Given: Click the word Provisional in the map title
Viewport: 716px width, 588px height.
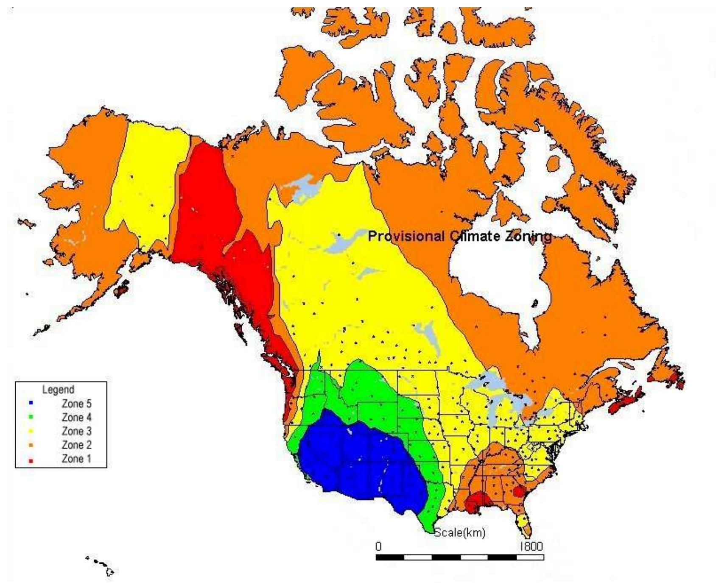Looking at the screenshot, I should pyautogui.click(x=406, y=237).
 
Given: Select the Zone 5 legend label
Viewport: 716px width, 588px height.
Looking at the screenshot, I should pyautogui.click(x=76, y=404).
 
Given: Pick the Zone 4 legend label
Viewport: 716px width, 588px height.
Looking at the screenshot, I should pyautogui.click(x=76, y=417).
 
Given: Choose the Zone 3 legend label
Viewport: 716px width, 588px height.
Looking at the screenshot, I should pyautogui.click(x=76, y=431).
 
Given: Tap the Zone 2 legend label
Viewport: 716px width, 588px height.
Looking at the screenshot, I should pyautogui.click(x=76, y=445).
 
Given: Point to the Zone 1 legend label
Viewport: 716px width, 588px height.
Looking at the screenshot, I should pyautogui.click(x=76, y=459).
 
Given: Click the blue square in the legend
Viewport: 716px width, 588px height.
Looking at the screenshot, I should pyautogui.click(x=31, y=403).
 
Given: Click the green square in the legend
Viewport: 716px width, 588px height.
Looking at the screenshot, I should pyautogui.click(x=31, y=417).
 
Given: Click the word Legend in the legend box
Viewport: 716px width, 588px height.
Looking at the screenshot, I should pyautogui.click(x=58, y=389).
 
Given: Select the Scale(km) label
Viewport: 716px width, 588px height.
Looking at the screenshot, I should pyautogui.click(x=459, y=532).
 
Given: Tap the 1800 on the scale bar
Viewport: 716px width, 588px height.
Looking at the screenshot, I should pyautogui.click(x=531, y=546).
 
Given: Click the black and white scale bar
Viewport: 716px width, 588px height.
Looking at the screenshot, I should pyautogui.click(x=460, y=557).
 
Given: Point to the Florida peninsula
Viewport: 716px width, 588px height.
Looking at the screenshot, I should pyautogui.click(x=524, y=524).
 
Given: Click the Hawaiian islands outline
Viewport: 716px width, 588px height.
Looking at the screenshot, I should pyautogui.click(x=102, y=566).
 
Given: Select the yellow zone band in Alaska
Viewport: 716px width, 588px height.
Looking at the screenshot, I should pyautogui.click(x=148, y=178).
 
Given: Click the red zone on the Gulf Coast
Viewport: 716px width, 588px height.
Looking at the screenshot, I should pyautogui.click(x=477, y=502).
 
